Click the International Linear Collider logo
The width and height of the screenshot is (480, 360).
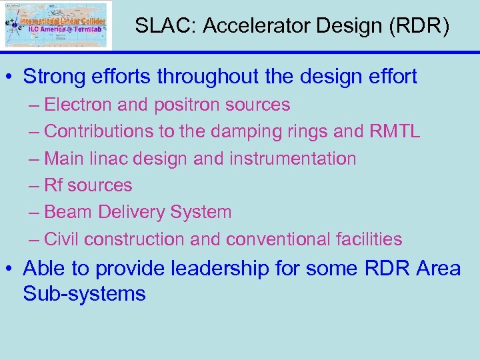point(57,25)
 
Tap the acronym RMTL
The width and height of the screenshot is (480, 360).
point(394,132)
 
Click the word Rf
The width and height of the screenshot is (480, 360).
point(53,185)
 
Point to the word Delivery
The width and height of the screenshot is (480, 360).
point(131,212)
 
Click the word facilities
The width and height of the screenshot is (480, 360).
point(369,239)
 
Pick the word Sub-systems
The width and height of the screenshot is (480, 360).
point(84,293)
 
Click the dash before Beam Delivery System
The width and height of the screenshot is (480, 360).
point(34,212)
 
